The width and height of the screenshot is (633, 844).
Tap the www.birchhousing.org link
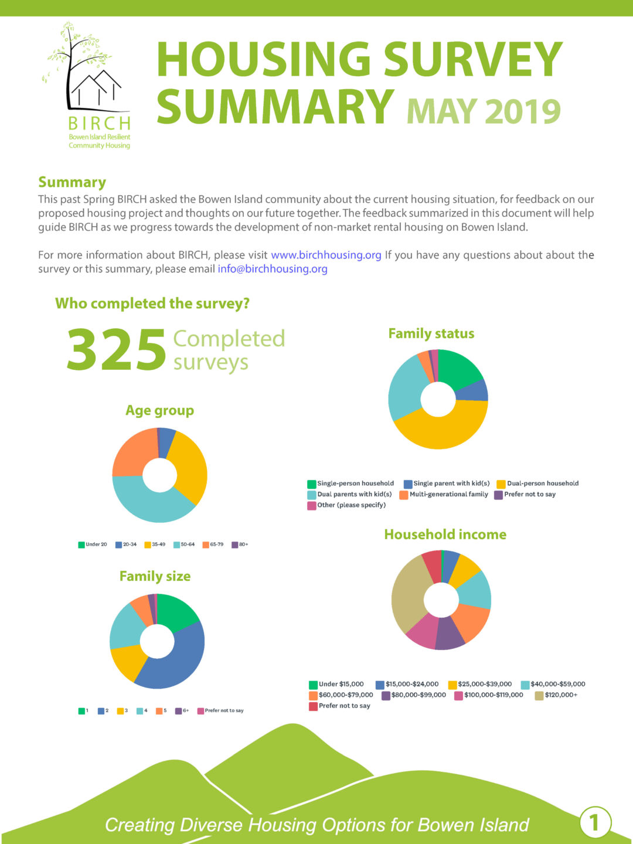(x=326, y=255)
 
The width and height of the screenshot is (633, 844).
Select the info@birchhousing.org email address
(x=272, y=269)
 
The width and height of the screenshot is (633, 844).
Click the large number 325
(x=117, y=350)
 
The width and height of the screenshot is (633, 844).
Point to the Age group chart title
(x=159, y=410)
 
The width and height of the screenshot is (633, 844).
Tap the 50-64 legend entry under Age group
(x=184, y=544)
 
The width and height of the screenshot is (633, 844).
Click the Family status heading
(x=431, y=333)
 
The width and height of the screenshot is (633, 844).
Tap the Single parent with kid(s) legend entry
(x=447, y=484)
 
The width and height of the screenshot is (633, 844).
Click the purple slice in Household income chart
(x=450, y=635)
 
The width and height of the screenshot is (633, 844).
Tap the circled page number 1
(x=595, y=822)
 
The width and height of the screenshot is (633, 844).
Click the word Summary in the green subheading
(x=72, y=182)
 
